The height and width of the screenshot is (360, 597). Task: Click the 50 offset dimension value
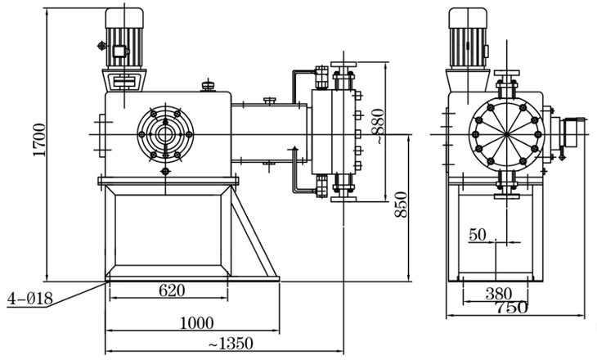pos(478,235)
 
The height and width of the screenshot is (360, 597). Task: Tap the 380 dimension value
pos(499,292)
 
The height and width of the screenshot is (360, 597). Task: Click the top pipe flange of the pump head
pos(341,65)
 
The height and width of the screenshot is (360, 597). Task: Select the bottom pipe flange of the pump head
pos(341,197)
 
